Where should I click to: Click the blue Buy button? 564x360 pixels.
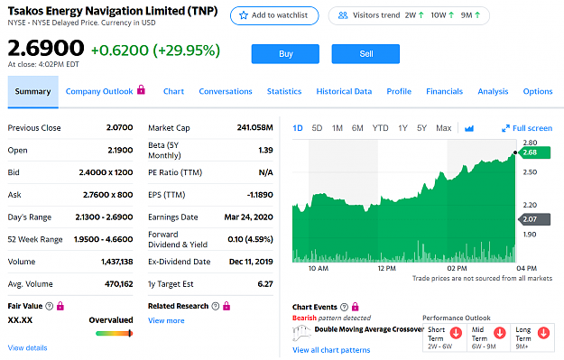pyautogui.click(x=285, y=54)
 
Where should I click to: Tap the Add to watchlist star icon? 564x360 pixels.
pyautogui.click(x=244, y=15)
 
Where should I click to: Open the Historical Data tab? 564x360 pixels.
pyautogui.click(x=344, y=91)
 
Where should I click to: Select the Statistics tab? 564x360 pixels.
pyautogui.click(x=284, y=91)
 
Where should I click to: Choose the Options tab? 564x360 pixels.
pyautogui.click(x=538, y=91)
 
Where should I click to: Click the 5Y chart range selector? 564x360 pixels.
pyautogui.click(x=421, y=128)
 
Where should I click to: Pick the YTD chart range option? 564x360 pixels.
pyautogui.click(x=380, y=128)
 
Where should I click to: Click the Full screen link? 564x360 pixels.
pyautogui.click(x=527, y=128)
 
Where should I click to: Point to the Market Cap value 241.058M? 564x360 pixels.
pyautogui.click(x=255, y=127)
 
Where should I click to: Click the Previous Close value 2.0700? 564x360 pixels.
pyautogui.click(x=119, y=127)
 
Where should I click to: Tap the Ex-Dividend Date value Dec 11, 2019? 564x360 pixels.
pyautogui.click(x=251, y=262)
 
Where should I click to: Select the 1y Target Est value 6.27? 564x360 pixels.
pyautogui.click(x=265, y=283)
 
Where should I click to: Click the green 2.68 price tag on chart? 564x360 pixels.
pyautogui.click(x=534, y=152)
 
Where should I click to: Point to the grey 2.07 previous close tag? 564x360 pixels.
pyautogui.click(x=534, y=219)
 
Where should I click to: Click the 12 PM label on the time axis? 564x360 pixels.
pyautogui.click(x=386, y=268)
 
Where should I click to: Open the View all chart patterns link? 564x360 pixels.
pyautogui.click(x=331, y=350)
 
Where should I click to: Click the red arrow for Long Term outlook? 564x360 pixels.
pyautogui.click(x=543, y=333)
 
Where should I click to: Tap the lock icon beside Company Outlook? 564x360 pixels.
pyautogui.click(x=142, y=89)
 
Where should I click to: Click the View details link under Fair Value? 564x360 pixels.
pyautogui.click(x=27, y=347)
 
